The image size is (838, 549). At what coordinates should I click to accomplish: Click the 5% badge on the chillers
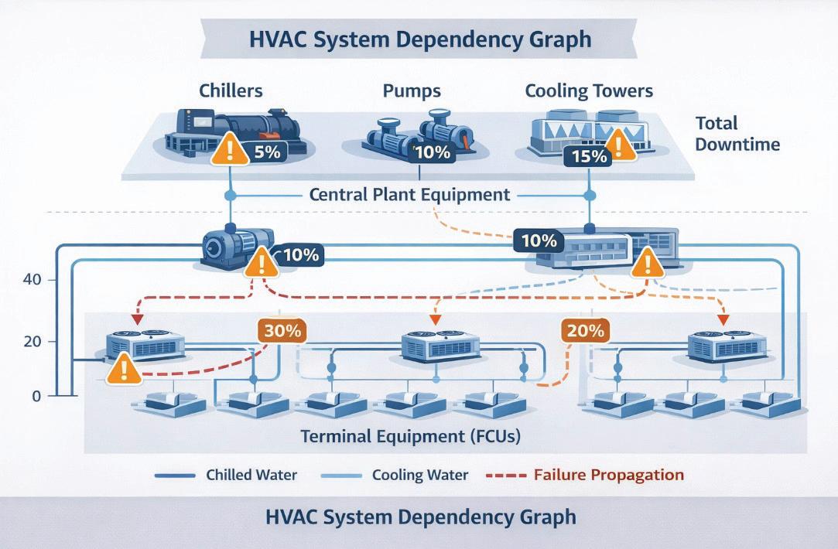point(266,152)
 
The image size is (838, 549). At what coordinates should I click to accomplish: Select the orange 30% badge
point(282,331)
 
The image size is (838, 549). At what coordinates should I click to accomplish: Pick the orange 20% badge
point(584,331)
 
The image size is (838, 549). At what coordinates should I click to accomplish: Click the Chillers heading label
point(231,90)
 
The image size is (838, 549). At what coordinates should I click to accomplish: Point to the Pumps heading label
point(412,90)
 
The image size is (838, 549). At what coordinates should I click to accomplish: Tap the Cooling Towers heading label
point(589,90)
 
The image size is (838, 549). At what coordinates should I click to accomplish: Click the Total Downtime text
point(737,134)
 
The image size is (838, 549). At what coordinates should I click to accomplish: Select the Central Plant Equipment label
point(409,194)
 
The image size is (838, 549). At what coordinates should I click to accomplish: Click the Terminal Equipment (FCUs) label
point(410,436)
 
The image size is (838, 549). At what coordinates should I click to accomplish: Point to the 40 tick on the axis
point(32,279)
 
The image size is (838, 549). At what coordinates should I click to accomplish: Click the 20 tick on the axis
point(32,341)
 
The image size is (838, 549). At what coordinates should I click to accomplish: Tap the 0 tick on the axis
point(35,396)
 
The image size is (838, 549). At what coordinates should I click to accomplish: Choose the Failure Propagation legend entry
point(608,475)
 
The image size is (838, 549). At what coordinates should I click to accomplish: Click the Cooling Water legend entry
point(419,475)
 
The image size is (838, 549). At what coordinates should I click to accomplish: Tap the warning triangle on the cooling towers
point(620,145)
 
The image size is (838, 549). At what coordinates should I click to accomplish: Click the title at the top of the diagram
point(419,39)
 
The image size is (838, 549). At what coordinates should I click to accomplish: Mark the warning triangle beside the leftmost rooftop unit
point(124,369)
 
